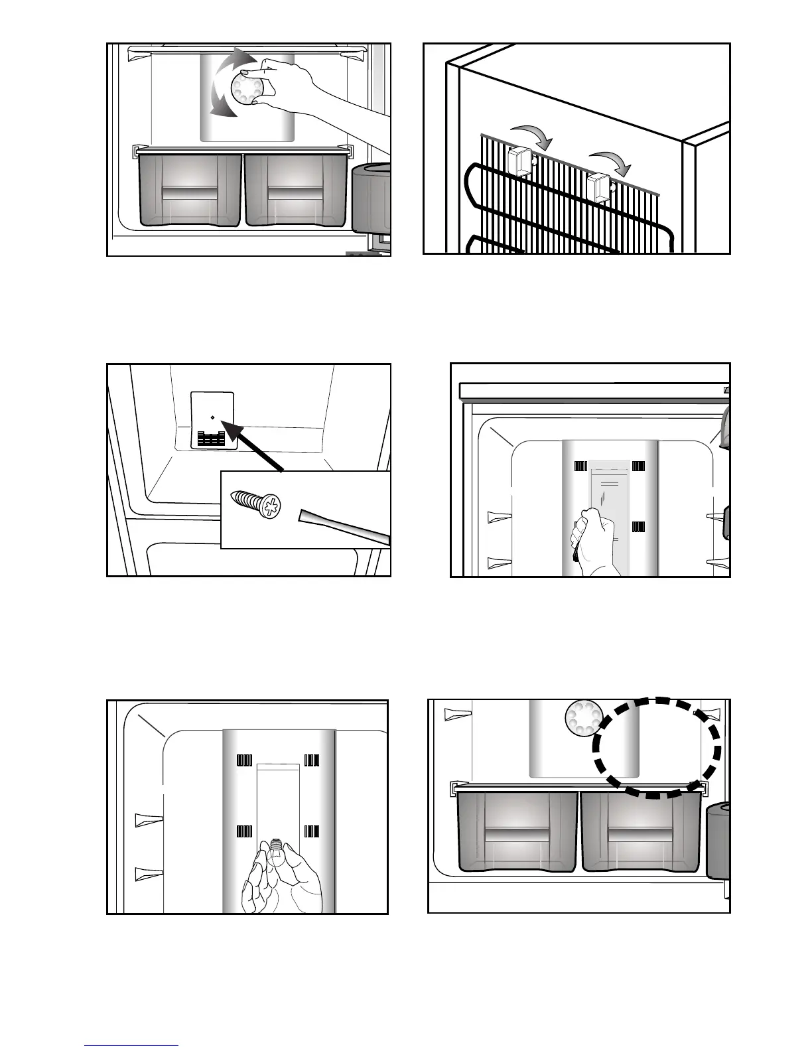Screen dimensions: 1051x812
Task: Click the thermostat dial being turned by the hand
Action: click(x=244, y=88)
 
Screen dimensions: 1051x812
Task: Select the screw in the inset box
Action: click(x=256, y=506)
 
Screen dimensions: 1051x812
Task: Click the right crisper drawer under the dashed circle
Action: click(x=640, y=833)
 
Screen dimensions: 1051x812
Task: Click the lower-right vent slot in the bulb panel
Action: click(x=312, y=831)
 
